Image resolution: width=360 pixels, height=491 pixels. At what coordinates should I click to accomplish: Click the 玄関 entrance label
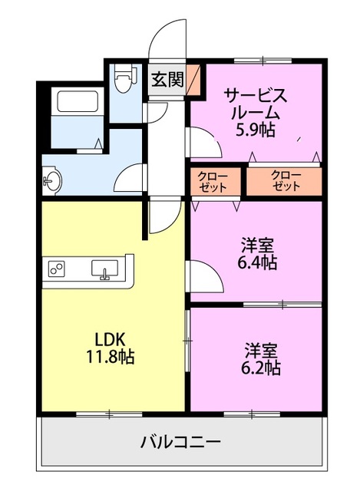tap(167, 80)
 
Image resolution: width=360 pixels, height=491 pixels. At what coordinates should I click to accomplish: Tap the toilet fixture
tap(124, 79)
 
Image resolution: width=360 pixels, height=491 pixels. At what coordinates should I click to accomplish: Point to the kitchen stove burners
tap(58, 269)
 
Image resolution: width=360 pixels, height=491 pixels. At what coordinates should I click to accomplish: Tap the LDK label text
tap(110, 339)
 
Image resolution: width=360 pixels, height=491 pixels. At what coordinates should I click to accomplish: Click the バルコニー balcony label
tap(181, 443)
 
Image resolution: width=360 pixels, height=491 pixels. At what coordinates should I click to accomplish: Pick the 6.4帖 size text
tap(256, 262)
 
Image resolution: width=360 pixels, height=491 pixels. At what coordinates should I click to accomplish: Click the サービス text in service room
tap(256, 95)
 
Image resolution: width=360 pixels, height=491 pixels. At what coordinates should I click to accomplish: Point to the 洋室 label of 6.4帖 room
tap(256, 245)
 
